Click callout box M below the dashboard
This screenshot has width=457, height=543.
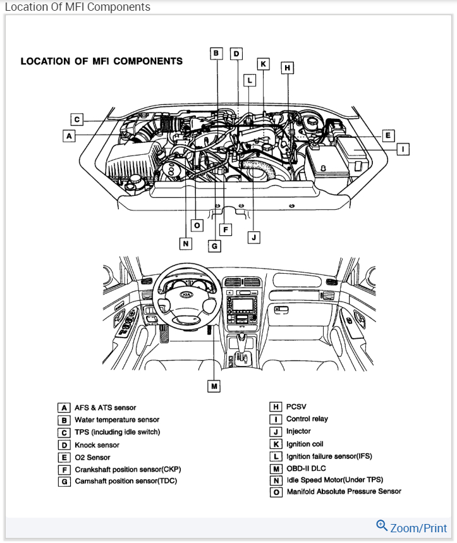coord(214,385)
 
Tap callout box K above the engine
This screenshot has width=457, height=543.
coord(264,64)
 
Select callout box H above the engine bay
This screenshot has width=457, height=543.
coord(288,67)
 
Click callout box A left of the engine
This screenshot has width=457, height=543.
coord(70,135)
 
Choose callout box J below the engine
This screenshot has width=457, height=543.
coord(253,238)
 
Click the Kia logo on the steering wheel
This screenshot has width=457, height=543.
coord(186,294)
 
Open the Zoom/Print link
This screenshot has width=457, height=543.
coord(418,528)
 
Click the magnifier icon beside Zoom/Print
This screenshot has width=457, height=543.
coord(382,525)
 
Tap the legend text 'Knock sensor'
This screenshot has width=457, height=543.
coord(97,445)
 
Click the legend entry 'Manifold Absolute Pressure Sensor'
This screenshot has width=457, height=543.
coord(344,491)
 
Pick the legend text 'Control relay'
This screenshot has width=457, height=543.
coord(307,418)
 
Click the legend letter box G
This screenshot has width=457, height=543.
coord(64,481)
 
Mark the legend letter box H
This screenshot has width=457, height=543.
coord(276,407)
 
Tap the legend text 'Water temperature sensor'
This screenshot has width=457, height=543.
coord(117,420)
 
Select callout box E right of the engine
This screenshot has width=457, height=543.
coord(388,135)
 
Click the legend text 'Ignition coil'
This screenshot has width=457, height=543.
coord(305,444)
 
